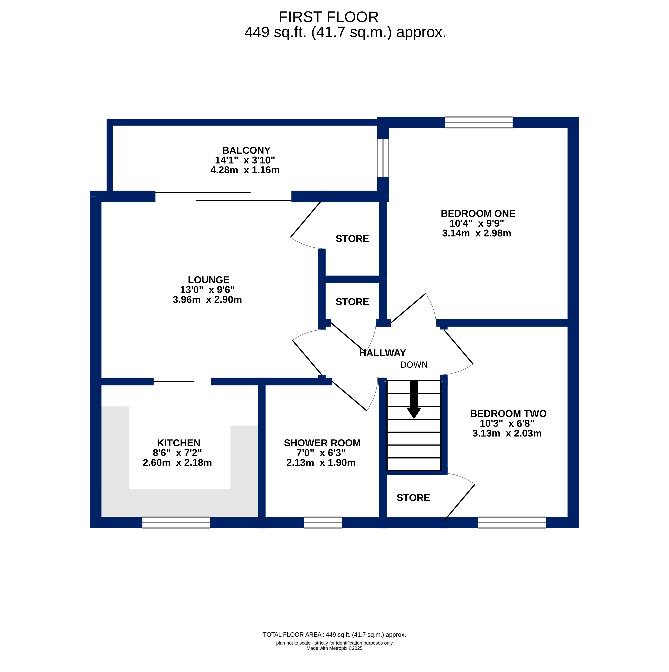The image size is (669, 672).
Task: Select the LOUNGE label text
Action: [x=209, y=280]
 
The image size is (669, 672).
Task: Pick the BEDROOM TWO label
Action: [x=508, y=414]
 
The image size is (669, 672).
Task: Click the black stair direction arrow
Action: [x=414, y=399]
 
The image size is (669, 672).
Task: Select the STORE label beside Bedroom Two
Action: [x=413, y=498]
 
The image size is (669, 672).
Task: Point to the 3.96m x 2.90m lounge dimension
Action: [x=207, y=300]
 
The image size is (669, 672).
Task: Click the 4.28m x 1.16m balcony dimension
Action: [x=245, y=170]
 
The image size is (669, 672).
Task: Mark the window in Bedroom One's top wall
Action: [x=479, y=122]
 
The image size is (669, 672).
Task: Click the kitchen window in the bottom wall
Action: [x=176, y=523]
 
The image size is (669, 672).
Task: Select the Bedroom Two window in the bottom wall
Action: [x=512, y=523]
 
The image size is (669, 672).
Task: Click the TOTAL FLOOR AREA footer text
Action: [x=334, y=635]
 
